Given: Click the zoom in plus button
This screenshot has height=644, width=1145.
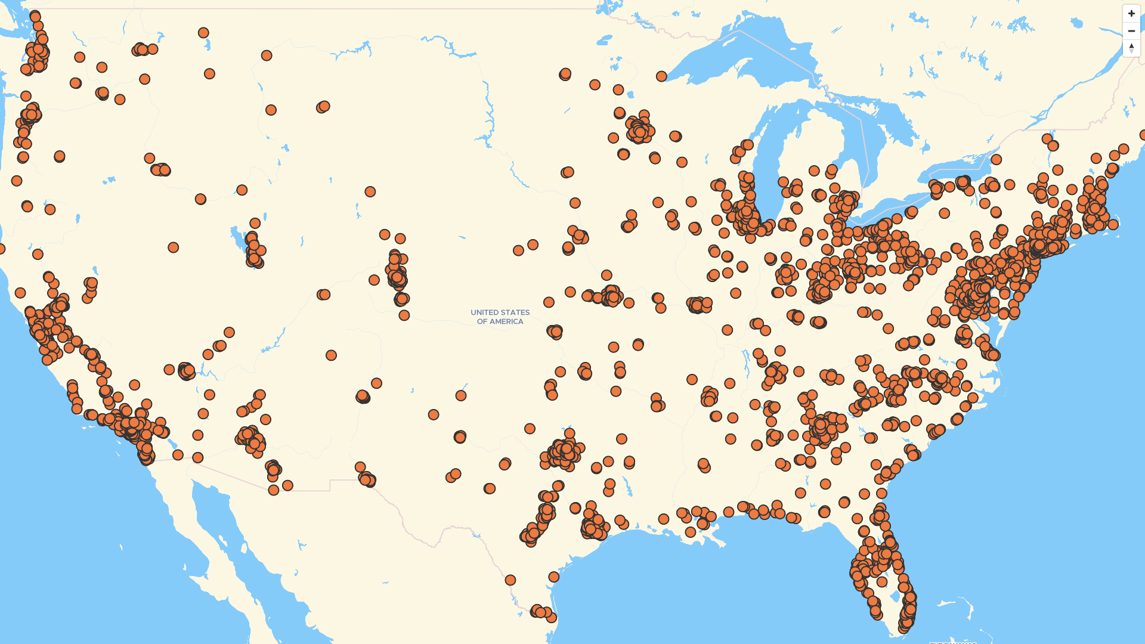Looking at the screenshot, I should click(x=1131, y=13).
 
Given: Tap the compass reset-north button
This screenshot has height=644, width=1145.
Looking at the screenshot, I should click(x=1131, y=48).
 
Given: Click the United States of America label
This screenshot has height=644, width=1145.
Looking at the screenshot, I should click(x=500, y=317).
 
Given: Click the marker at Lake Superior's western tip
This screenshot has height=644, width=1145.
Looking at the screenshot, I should click(x=661, y=76).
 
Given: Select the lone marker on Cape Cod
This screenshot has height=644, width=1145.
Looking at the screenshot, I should click(x=1113, y=225).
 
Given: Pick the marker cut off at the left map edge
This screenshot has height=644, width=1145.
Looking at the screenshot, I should click(x=2, y=249).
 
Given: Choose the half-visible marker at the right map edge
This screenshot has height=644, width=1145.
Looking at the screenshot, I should click(x=1143, y=135).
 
